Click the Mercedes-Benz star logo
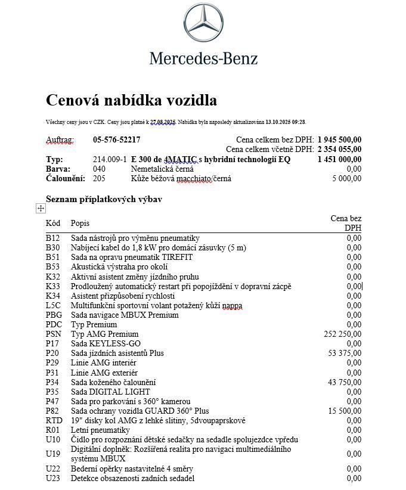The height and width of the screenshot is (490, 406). [x=203, y=24]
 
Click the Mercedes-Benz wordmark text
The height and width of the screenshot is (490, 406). [x=203, y=58]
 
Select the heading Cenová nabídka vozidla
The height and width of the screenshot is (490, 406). [x=131, y=100]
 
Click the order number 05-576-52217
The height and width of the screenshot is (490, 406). [x=117, y=140]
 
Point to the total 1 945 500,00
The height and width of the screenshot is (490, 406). [x=339, y=140]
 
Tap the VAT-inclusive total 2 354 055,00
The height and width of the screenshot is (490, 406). [x=339, y=150]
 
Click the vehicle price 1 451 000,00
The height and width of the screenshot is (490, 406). [x=339, y=159]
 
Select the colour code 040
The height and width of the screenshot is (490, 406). [x=99, y=169]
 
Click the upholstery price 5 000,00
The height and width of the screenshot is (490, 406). [x=347, y=178]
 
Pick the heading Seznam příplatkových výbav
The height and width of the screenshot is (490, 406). [x=104, y=199]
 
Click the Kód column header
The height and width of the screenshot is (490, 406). [x=53, y=223]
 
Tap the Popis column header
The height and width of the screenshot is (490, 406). [x=80, y=223]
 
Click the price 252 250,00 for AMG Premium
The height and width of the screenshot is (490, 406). [x=342, y=334]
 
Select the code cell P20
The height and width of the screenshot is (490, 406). [x=52, y=353]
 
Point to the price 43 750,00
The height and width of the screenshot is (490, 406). [x=345, y=382]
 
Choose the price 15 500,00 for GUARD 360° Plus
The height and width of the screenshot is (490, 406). [x=345, y=411]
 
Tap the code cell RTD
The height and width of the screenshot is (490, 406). [x=54, y=420]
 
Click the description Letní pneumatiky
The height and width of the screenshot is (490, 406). [x=100, y=430]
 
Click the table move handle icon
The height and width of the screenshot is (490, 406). [x=41, y=208]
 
